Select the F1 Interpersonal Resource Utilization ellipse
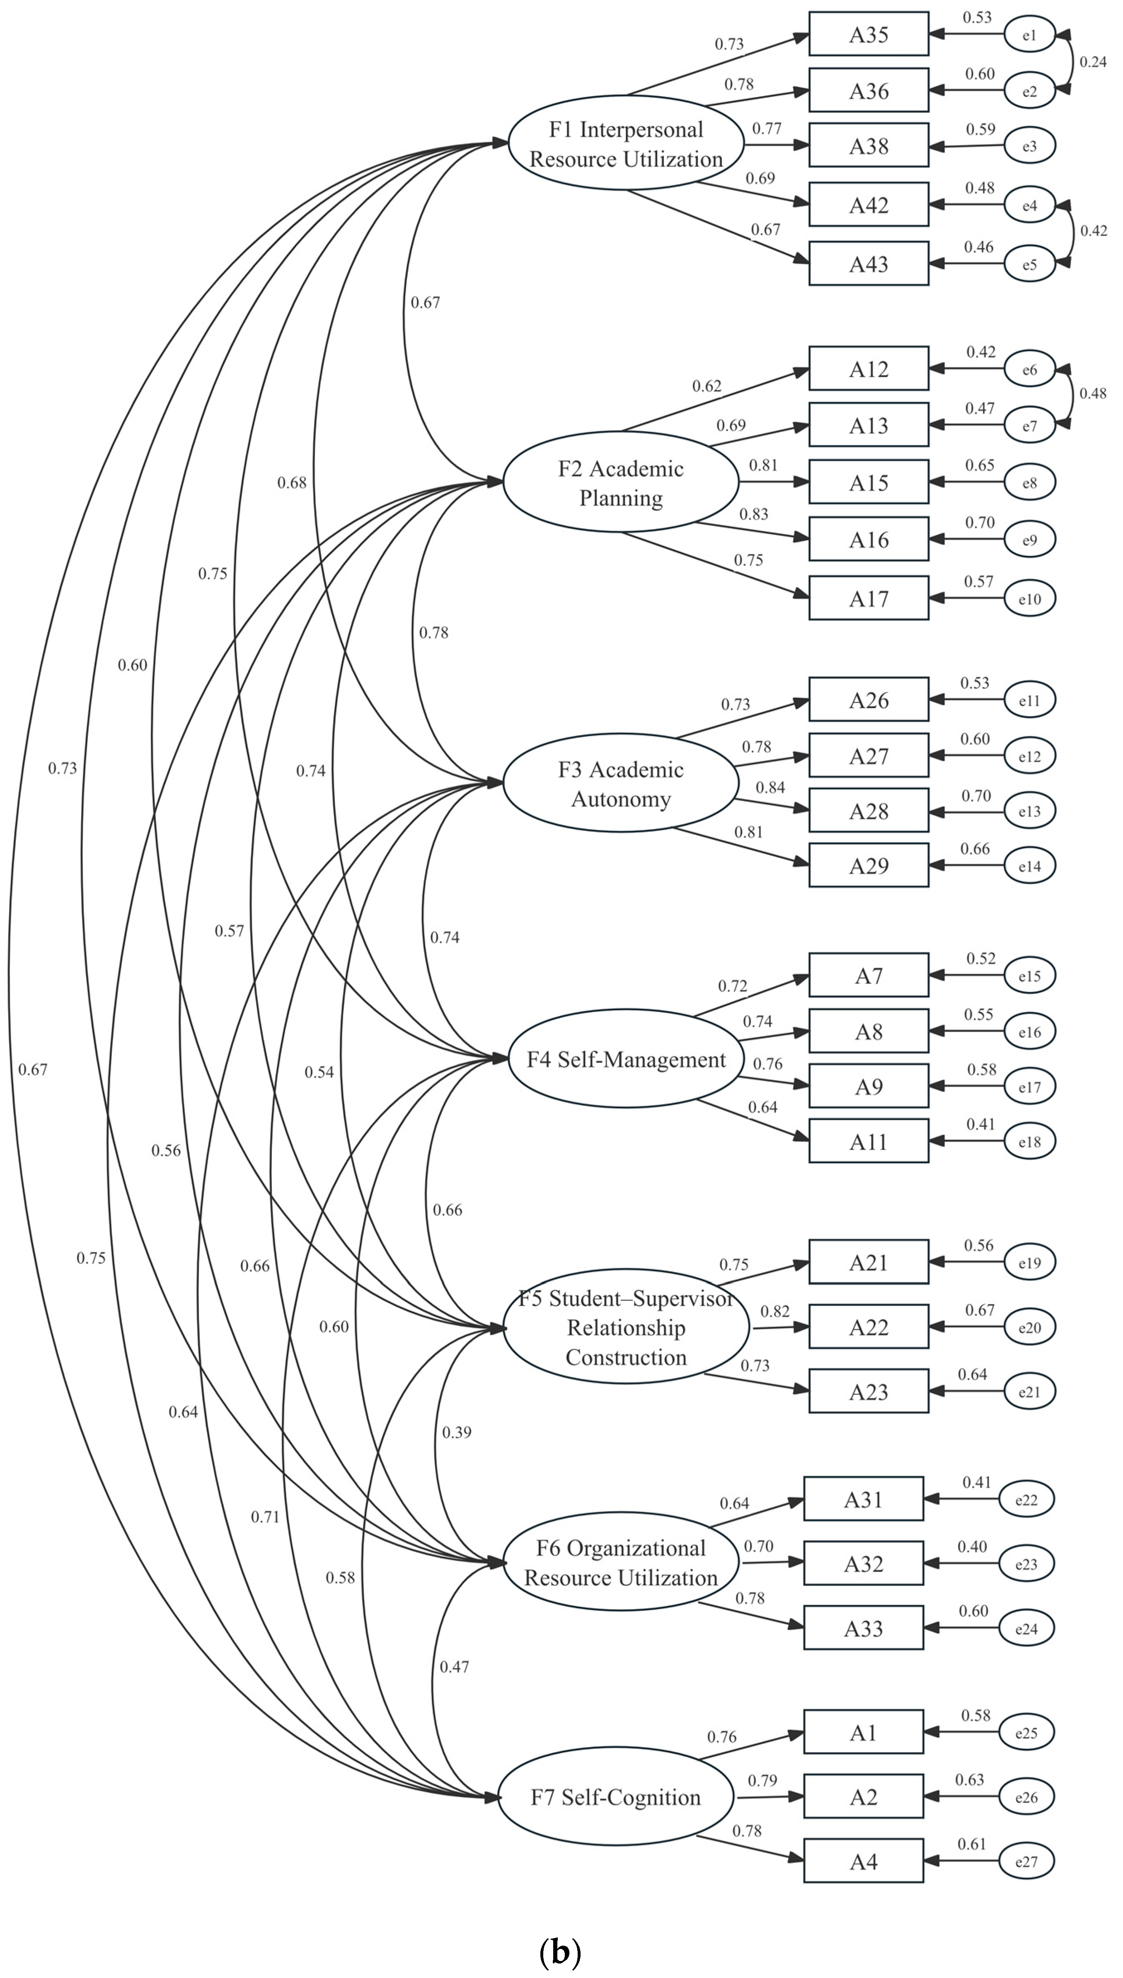tap(625, 143)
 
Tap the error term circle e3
tap(1029, 146)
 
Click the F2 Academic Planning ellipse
tap(621, 483)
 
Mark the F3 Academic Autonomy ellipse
tap(621, 784)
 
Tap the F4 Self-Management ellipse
tap(625, 1060)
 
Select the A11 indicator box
tap(869, 1142)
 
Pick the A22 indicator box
tap(869, 1327)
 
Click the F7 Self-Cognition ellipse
tap(615, 1798)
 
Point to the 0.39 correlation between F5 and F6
tap(457, 1432)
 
